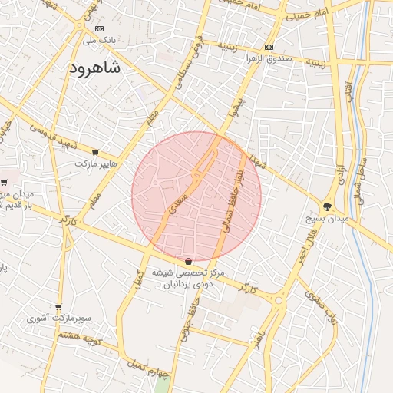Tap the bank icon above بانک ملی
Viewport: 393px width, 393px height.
[98, 28]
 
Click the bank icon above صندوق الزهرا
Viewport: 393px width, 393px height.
[268, 48]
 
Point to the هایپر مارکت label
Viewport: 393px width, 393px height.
[96, 163]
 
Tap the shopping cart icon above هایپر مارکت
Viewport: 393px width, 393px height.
[95, 153]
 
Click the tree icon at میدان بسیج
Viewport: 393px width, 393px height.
[327, 206]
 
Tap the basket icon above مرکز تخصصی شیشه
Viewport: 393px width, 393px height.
[189, 262]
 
